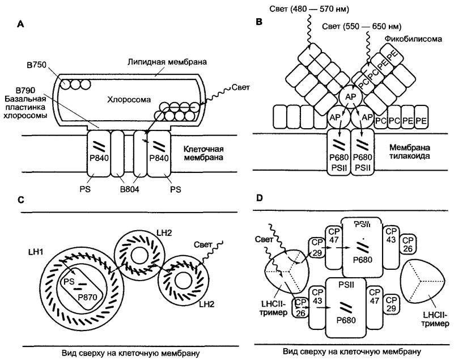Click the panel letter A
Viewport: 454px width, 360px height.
20,24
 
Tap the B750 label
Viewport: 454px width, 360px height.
36,65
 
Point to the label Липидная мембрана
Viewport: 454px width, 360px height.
167,62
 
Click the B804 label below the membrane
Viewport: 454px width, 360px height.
129,189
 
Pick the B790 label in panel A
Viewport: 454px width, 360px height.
26,90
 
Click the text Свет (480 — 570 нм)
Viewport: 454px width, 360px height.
309,9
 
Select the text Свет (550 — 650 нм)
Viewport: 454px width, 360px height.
362,27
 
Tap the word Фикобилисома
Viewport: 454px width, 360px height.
413,39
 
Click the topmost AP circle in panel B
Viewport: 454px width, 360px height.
351,96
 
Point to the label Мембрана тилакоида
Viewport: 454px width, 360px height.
409,151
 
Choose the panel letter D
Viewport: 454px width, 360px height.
260,198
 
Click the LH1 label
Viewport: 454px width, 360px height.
36,252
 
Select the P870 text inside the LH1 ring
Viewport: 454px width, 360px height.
87,297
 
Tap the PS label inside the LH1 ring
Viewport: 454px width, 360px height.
69,281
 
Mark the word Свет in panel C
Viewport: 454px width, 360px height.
203,245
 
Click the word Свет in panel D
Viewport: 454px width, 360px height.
264,239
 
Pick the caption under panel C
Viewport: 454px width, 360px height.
130,353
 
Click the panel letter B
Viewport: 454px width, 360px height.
260,22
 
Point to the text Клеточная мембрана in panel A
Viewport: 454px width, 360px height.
203,153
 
